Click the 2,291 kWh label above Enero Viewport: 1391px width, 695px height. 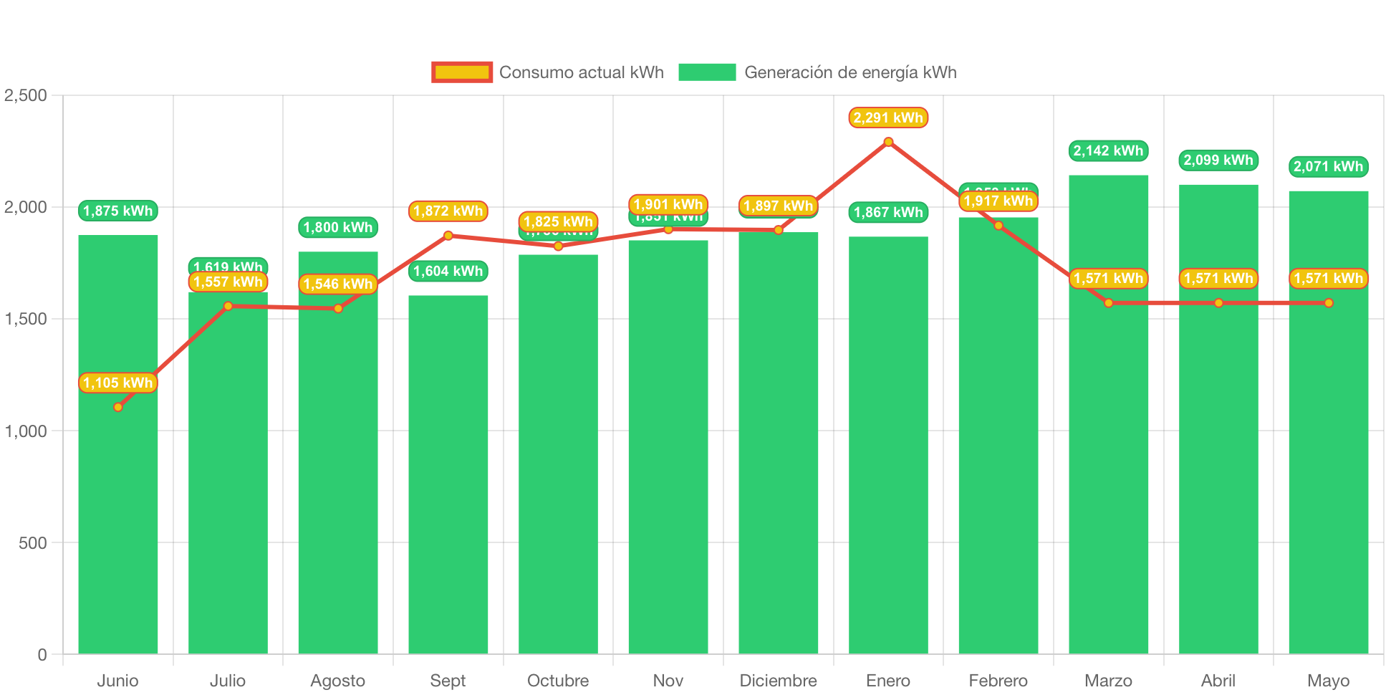click(888, 118)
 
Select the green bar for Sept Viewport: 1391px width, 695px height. click(448, 473)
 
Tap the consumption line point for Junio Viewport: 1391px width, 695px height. click(118, 407)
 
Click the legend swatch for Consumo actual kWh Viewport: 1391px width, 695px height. click(462, 72)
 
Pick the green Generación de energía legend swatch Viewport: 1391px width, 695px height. click(706, 72)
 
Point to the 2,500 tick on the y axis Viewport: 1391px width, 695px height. click(26, 95)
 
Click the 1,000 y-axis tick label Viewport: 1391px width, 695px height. click(26, 431)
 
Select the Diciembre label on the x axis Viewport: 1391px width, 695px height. click(778, 680)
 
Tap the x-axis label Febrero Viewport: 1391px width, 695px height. click(998, 680)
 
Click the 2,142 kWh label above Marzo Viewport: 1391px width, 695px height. click(1108, 150)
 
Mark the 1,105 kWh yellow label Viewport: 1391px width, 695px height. click(118, 383)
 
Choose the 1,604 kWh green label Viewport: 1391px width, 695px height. click(448, 271)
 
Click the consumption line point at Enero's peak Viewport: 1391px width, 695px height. click(888, 142)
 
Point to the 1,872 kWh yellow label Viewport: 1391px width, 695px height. click(448, 211)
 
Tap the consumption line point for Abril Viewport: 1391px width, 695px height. click(1218, 303)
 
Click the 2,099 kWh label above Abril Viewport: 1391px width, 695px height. click(1218, 160)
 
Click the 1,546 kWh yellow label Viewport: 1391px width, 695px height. click(338, 284)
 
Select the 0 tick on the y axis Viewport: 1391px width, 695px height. click(42, 654)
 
